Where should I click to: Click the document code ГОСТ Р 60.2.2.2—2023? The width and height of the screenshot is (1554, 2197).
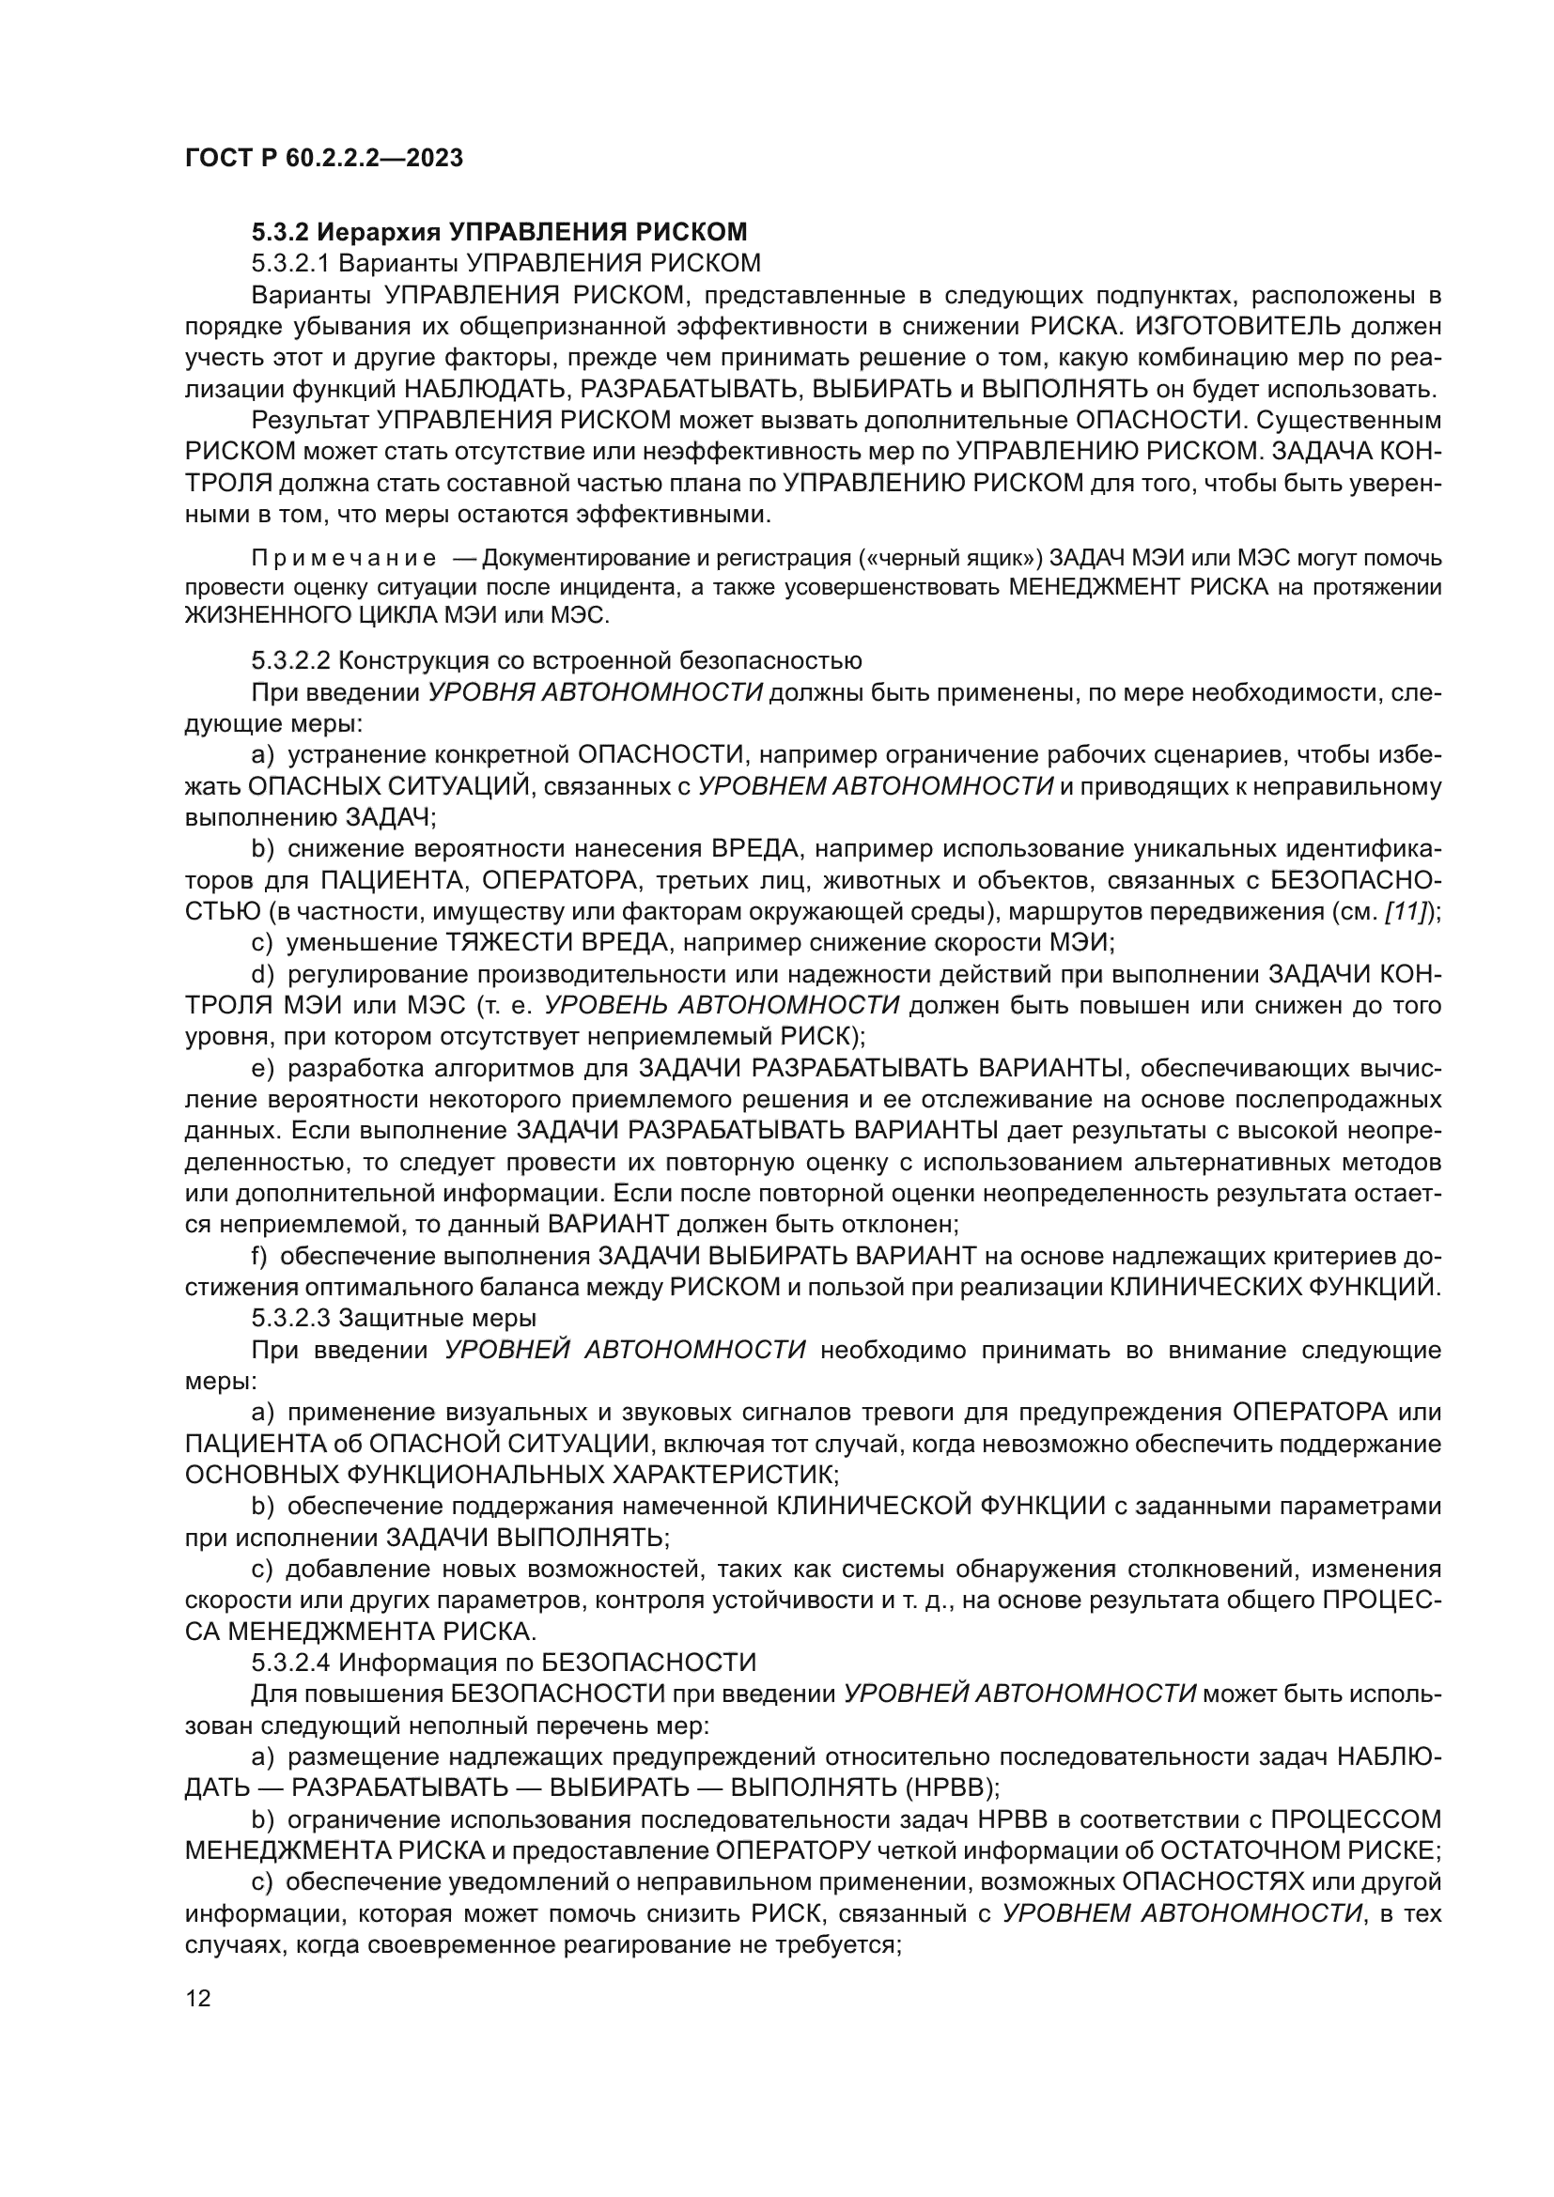pyautogui.click(x=323, y=158)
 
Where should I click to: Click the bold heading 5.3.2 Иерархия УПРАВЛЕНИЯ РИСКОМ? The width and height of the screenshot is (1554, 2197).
pyautogui.click(x=499, y=232)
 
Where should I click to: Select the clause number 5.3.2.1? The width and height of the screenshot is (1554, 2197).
pyautogui.click(x=291, y=263)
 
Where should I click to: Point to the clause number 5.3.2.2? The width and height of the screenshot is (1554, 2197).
pyautogui.click(x=291, y=661)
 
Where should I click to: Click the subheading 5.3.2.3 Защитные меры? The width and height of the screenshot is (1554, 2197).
pyautogui.click(x=394, y=1319)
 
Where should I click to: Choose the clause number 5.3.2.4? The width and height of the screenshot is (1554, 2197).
pyautogui.click(x=291, y=1663)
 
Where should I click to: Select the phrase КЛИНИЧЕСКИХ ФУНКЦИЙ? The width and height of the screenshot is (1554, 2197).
pyautogui.click(x=1273, y=1288)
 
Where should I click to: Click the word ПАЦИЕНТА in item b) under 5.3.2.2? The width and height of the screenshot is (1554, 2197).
pyautogui.click(x=395, y=880)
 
